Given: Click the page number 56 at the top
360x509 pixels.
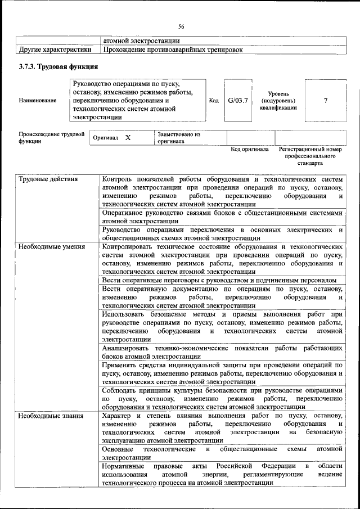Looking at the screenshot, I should point(181,26).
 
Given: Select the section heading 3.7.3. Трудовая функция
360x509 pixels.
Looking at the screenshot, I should point(54,67).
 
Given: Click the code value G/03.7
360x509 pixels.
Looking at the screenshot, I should point(238,101).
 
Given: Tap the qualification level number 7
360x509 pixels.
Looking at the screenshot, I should point(326,101).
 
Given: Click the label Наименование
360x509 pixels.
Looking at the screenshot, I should point(37,101).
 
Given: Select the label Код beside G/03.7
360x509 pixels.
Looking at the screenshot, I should point(214,101).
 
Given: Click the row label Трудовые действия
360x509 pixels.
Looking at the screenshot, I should point(48,179).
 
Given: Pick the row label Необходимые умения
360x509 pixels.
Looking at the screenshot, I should point(51,246).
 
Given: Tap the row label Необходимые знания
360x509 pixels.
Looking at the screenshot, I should point(51,416).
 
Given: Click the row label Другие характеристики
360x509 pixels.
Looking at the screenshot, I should point(55,50).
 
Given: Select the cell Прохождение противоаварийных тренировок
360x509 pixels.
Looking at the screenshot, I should point(173,50).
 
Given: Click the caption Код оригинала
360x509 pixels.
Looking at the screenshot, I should point(250,150).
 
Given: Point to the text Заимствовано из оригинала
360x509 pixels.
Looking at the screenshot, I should point(179,138).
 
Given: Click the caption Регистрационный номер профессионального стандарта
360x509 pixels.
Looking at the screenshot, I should point(310,156).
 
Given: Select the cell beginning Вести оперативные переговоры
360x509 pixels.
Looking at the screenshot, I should point(219,280).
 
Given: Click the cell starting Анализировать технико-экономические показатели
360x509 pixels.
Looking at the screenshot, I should point(222,352).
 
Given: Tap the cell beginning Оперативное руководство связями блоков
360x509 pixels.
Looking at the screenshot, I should point(222,217).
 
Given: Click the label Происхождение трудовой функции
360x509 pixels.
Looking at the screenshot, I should point(51,138).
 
